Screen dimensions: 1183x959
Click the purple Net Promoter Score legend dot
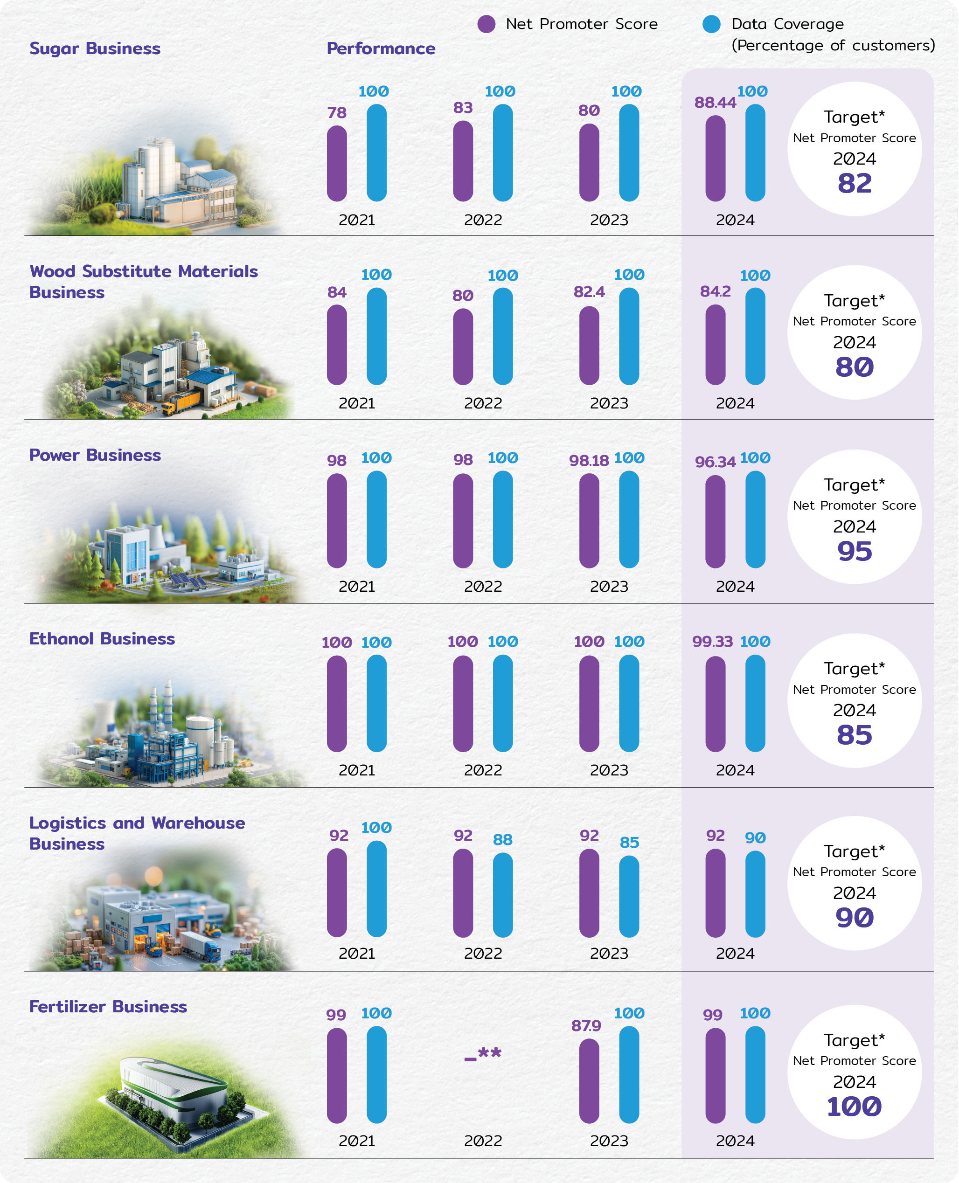tap(486, 24)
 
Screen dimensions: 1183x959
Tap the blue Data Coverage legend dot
tap(711, 24)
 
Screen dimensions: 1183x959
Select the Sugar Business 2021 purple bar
tap(337, 164)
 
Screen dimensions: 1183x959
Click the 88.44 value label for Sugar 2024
tap(716, 103)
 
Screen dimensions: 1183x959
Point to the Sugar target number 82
tap(855, 183)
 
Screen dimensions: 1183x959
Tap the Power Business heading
tap(95, 455)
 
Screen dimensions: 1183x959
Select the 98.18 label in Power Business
tap(589, 461)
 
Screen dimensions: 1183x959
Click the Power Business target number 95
tap(855, 551)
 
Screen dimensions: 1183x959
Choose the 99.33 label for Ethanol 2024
tap(713, 642)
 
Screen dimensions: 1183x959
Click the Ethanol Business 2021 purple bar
tap(337, 704)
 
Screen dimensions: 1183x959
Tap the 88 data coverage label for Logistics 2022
tap(503, 840)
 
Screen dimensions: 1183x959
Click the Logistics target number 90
tap(855, 918)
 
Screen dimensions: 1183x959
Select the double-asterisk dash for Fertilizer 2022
tap(483, 1054)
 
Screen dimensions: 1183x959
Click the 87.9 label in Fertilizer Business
tap(586, 1026)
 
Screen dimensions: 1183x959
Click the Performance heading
tap(381, 48)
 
